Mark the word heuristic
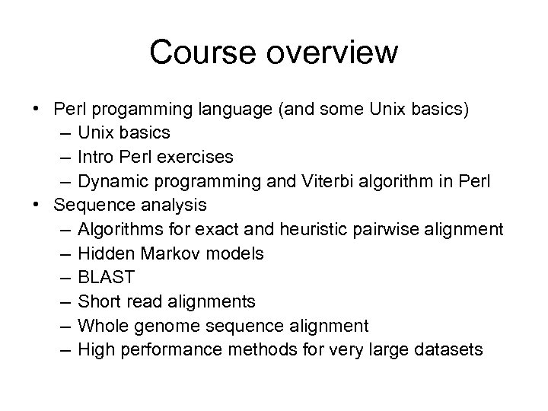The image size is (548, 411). click(312, 228)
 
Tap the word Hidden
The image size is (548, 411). click(103, 253)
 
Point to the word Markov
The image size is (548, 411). click(162, 253)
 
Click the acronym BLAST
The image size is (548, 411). click(104, 277)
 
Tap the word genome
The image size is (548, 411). click(164, 326)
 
